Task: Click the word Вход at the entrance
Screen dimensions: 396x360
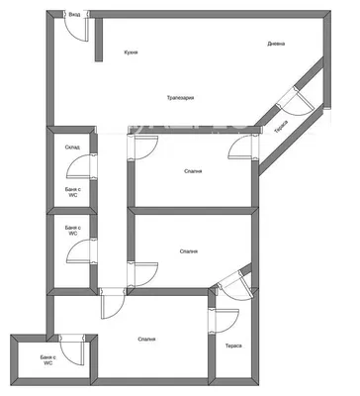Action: [75, 15]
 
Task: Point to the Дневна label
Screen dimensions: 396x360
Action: [278, 43]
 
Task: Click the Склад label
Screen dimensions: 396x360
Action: [72, 148]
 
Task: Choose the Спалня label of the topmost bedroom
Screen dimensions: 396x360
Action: [194, 170]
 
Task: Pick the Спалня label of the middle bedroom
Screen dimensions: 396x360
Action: [189, 251]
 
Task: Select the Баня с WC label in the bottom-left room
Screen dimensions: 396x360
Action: [47, 359]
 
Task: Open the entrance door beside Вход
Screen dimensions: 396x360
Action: [77, 28]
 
